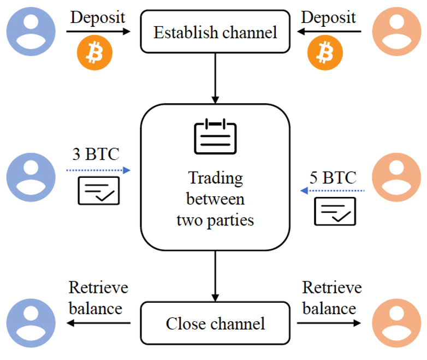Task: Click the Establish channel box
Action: point(215,32)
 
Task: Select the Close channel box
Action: point(215,323)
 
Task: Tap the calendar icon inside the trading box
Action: point(216,137)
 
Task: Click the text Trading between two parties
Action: point(216,199)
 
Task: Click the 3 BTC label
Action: point(96,154)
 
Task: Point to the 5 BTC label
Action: point(333,177)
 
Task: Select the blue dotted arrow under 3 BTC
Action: point(98,171)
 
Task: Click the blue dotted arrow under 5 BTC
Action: point(333,191)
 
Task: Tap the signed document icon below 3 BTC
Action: point(99,190)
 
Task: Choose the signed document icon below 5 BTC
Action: point(335,211)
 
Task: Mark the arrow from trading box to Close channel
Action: point(215,276)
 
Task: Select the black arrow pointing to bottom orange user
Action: point(329,323)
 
